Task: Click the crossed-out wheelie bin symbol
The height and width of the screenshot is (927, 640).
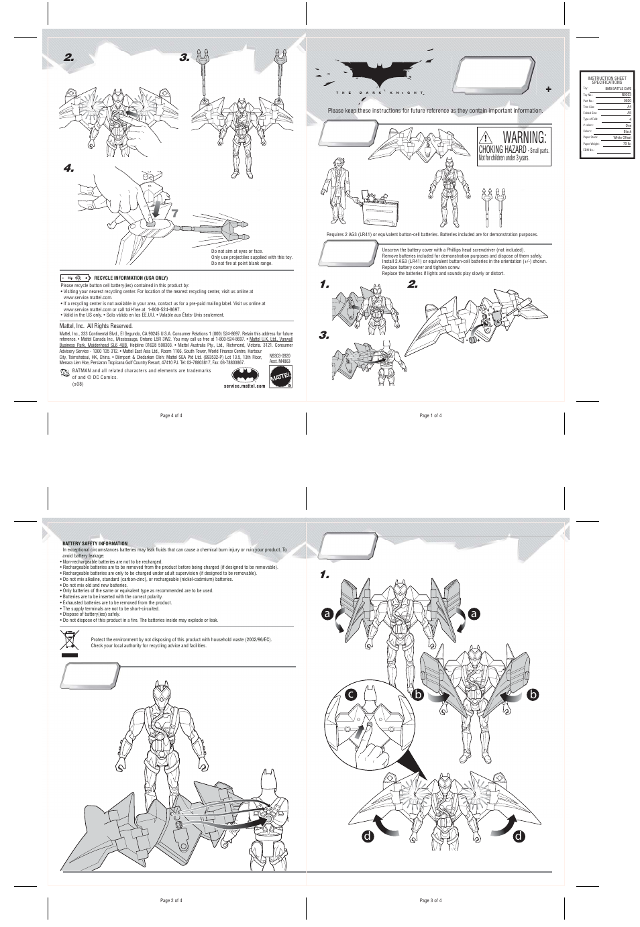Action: (x=69, y=642)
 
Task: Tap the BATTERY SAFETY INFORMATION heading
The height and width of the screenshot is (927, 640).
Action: (x=95, y=543)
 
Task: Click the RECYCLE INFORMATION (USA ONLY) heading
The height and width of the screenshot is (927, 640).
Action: (x=131, y=278)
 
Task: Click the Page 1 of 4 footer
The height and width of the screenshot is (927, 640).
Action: (x=430, y=416)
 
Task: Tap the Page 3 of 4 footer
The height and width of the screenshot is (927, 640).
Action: (x=430, y=900)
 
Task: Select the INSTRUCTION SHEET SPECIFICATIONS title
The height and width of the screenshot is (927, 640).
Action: (x=606, y=80)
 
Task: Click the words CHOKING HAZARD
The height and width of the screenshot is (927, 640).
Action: (x=501, y=150)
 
